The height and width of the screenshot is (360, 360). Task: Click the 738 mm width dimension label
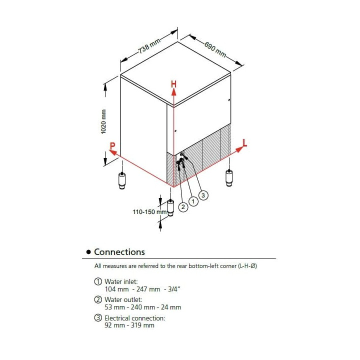[x=149, y=47]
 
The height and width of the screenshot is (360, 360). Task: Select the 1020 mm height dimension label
[x=103, y=121]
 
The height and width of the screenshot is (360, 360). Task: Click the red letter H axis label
[x=173, y=84]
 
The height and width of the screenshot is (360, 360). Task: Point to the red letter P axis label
[x=113, y=146]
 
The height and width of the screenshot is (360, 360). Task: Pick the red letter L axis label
[x=244, y=143]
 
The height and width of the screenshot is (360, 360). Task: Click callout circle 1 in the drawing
[x=193, y=200]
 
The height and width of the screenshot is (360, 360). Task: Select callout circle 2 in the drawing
[x=183, y=206]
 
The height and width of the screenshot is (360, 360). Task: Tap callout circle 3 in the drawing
[x=203, y=195]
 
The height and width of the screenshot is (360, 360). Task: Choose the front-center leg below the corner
[x=170, y=207]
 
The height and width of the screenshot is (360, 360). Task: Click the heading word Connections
[x=119, y=252]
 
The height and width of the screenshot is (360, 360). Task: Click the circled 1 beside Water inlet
[x=98, y=282]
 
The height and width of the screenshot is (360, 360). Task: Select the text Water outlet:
[x=123, y=300]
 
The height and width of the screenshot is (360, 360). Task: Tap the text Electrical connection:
[x=134, y=318]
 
